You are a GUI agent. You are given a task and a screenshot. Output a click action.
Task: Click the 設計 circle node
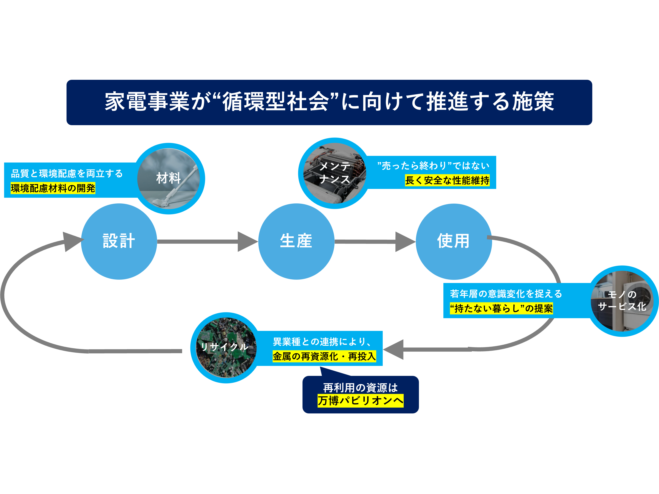(x=119, y=241)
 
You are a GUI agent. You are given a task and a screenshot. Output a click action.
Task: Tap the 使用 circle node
(x=453, y=241)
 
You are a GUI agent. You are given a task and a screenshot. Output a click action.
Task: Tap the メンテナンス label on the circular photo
(x=335, y=173)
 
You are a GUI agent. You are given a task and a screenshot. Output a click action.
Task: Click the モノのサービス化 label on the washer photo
(x=622, y=300)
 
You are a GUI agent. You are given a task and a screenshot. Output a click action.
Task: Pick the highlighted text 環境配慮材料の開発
(x=53, y=188)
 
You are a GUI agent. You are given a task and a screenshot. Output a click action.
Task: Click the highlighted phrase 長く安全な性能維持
(x=447, y=180)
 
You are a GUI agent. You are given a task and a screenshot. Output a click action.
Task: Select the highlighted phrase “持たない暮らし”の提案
(x=501, y=308)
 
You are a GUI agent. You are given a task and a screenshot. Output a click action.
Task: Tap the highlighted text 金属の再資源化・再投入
(x=324, y=356)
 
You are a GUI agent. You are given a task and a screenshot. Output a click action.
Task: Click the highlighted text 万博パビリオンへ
(x=360, y=401)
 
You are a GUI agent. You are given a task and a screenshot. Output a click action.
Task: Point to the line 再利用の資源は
(x=360, y=388)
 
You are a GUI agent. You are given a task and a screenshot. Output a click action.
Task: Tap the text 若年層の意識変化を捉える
(x=506, y=294)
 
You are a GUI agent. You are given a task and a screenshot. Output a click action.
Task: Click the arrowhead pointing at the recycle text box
(x=394, y=349)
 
